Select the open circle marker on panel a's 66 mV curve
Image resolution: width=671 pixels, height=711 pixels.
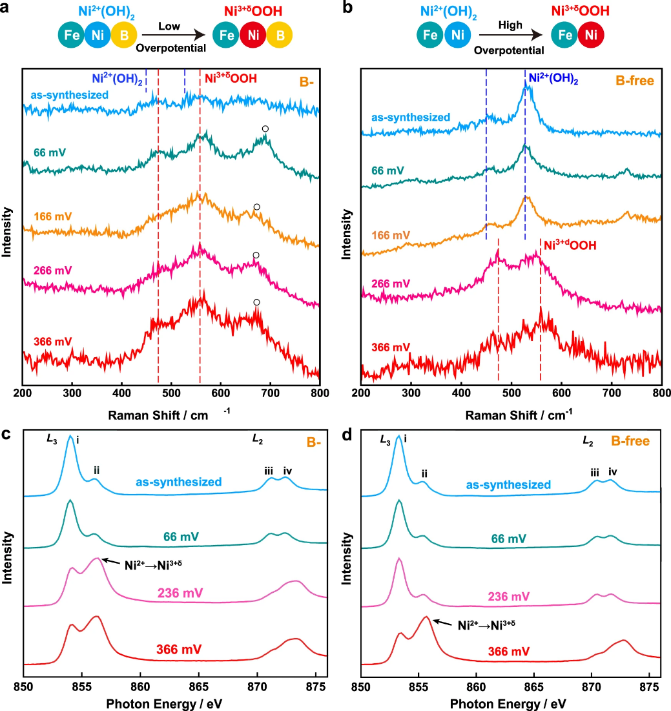265,129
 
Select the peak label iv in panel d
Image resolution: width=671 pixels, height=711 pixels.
613,473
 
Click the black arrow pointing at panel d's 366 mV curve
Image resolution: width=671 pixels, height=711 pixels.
442,623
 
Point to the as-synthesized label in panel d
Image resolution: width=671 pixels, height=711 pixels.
509,484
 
